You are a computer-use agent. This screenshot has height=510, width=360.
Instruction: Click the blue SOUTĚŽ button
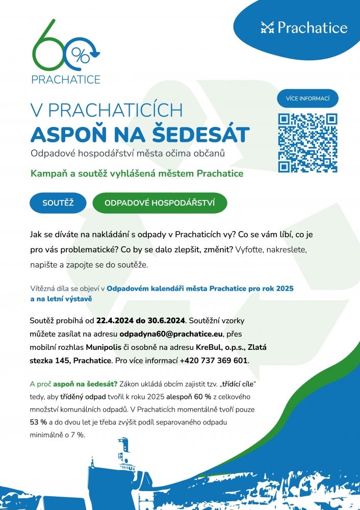pyautogui.click(x=58, y=203)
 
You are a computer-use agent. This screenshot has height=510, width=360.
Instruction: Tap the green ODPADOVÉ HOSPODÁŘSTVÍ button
pyautogui.click(x=160, y=203)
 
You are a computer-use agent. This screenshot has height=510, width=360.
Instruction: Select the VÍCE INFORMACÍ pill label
pyautogui.click(x=307, y=98)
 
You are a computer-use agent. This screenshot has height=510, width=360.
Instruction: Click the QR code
pyautogui.click(x=307, y=143)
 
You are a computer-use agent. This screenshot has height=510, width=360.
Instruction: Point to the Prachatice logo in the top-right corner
pyautogui.click(x=304, y=27)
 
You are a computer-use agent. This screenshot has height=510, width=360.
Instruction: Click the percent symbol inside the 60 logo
pyautogui.click(x=80, y=53)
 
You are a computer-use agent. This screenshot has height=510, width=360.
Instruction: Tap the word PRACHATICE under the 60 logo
pyautogui.click(x=66, y=79)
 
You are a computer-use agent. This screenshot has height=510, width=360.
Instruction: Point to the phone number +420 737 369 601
pyautogui.click(x=214, y=361)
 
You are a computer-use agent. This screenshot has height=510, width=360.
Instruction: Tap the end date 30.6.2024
pyautogui.click(x=167, y=321)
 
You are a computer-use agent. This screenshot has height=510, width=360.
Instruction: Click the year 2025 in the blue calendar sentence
pyautogui.click(x=284, y=288)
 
